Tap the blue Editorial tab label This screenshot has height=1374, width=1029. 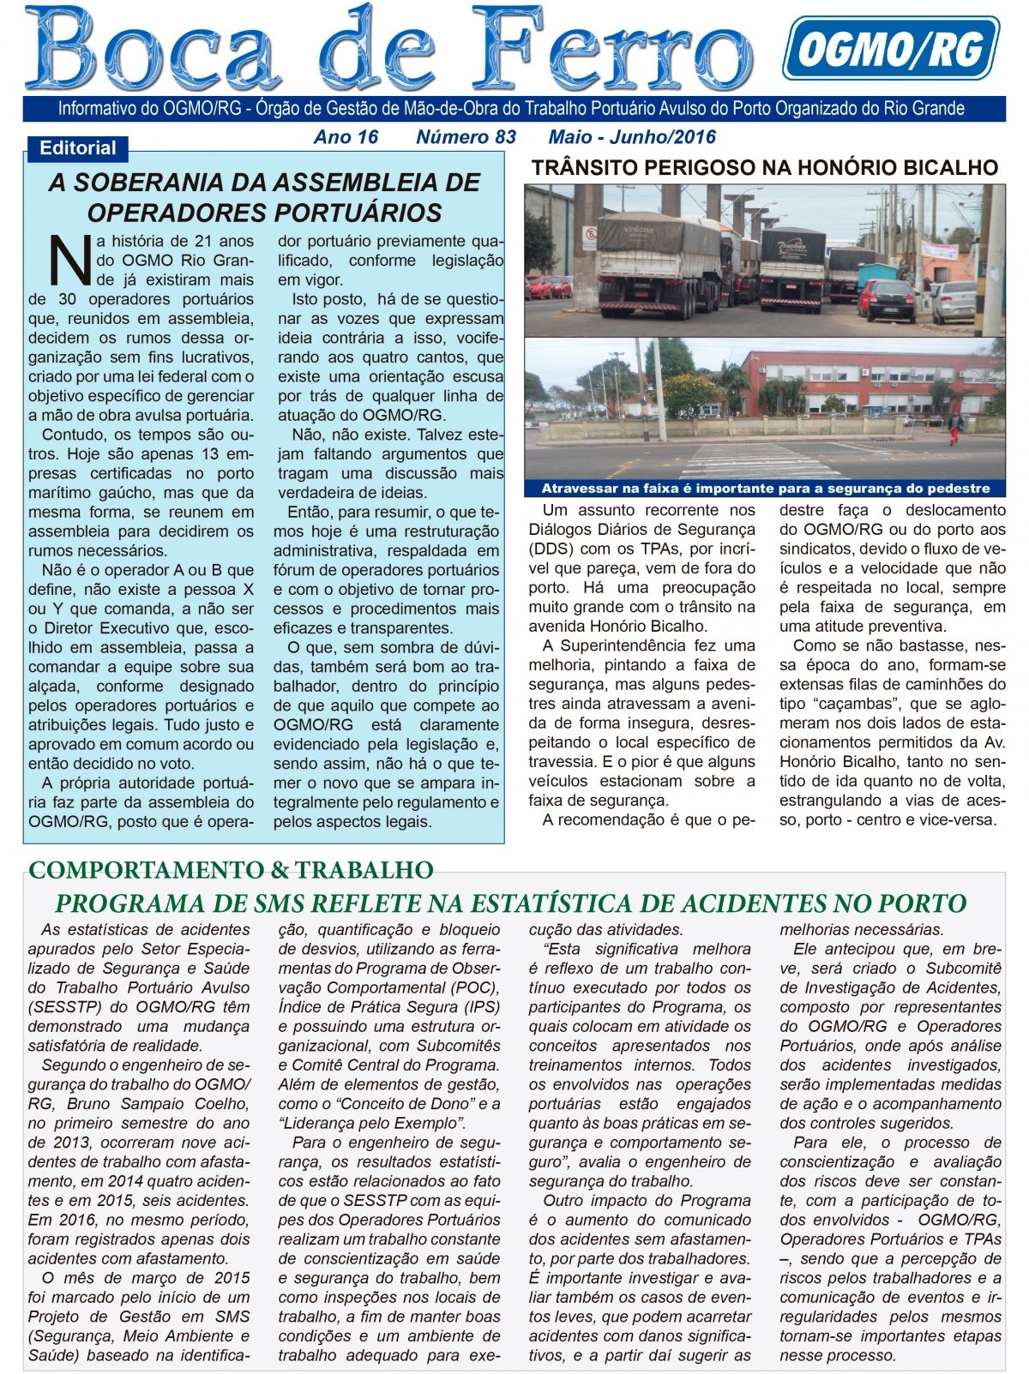click(x=77, y=148)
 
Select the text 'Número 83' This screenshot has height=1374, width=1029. click(x=466, y=137)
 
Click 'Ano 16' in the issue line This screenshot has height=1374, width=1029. click(x=346, y=137)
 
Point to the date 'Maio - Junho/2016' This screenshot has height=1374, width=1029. click(x=631, y=137)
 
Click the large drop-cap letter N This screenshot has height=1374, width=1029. click(x=69, y=260)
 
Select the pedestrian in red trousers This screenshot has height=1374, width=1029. click(x=954, y=427)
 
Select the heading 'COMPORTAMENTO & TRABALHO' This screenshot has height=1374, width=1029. click(x=231, y=870)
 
